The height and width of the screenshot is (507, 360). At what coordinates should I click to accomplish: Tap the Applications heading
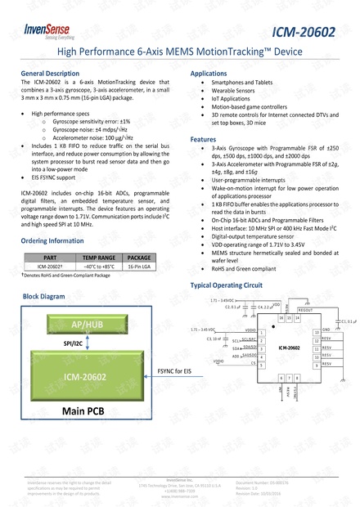tap(209, 74)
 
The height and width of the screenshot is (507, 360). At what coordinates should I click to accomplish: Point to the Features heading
tap(204, 140)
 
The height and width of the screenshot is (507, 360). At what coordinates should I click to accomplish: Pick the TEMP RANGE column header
tap(99, 257)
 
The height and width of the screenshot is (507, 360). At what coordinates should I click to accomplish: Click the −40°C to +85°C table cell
tap(99, 266)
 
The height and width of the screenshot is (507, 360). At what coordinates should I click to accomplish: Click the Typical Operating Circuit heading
tap(227, 287)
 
